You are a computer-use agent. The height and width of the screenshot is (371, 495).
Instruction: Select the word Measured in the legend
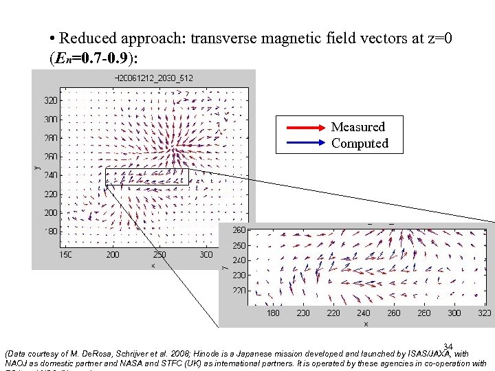coord(357,127)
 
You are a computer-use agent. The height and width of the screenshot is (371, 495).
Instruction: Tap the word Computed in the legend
coord(360,144)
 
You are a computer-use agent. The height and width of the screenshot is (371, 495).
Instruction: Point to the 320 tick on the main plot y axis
coord(51,100)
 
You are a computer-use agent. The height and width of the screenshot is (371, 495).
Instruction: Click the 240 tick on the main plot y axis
coord(51,175)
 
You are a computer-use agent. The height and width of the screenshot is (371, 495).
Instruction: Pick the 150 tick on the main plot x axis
coord(65,255)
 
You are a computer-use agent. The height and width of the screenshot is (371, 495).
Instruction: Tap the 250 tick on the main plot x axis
coord(159,255)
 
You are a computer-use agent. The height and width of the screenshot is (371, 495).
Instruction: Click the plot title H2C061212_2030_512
coord(153,78)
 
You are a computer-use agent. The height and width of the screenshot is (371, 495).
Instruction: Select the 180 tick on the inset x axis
coord(273,313)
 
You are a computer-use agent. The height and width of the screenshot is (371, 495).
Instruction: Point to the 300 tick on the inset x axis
coord(454,313)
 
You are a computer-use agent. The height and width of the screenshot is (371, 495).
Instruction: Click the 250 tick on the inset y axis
coord(238,245)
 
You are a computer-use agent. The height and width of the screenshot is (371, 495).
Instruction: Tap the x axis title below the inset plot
coord(366,323)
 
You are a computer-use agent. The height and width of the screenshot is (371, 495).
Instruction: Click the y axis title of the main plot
coord(36,166)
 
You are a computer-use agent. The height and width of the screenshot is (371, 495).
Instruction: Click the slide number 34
coord(448,347)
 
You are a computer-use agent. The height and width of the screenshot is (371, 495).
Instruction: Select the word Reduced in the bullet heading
coord(89,38)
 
